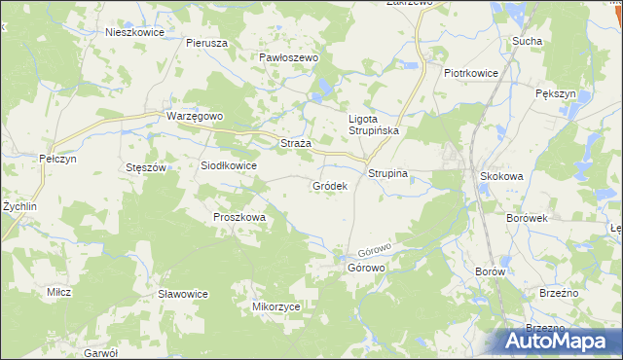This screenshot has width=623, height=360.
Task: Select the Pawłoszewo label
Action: (x=289, y=58)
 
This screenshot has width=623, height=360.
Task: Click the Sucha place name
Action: (x=527, y=42)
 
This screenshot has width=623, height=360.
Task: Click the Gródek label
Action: (x=330, y=185)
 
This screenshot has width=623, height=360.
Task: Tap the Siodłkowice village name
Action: (x=229, y=165)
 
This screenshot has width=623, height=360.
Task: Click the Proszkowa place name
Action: (x=239, y=218)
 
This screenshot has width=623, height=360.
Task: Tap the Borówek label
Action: (x=527, y=218)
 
